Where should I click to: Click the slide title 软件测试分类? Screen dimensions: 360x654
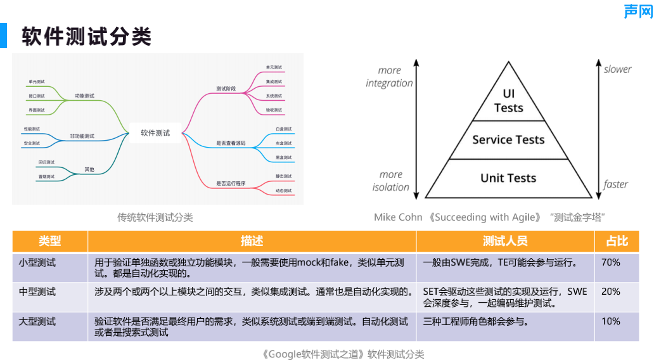pyautogui.click(x=87, y=36)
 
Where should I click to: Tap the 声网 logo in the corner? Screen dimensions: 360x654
pyautogui.click(x=637, y=11)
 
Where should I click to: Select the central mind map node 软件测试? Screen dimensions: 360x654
pyautogui.click(x=155, y=133)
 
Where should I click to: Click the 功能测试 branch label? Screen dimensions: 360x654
pyautogui.click(x=84, y=96)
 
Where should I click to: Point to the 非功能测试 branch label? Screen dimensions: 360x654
pyautogui.click(x=82, y=136)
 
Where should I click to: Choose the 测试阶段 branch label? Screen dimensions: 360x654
pyautogui.click(x=226, y=89)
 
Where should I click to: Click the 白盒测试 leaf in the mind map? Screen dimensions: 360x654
pyautogui.click(x=283, y=129)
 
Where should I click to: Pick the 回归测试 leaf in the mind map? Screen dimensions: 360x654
pyautogui.click(x=46, y=162)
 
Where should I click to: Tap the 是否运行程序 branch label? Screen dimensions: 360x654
pyautogui.click(x=231, y=183)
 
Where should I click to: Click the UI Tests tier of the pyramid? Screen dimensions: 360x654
pyautogui.click(x=509, y=101)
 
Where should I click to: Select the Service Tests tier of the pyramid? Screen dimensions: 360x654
pyautogui.click(x=508, y=140)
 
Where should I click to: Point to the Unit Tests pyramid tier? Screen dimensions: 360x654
pyautogui.click(x=508, y=178)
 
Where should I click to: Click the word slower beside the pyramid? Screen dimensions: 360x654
pyautogui.click(x=617, y=69)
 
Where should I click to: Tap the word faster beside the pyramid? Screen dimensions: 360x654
pyautogui.click(x=615, y=184)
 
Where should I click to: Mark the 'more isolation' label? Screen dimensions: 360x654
pyautogui.click(x=390, y=181)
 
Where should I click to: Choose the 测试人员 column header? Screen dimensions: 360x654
pyautogui.click(x=504, y=241)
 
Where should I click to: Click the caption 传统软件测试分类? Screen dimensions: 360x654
pyautogui.click(x=155, y=217)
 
